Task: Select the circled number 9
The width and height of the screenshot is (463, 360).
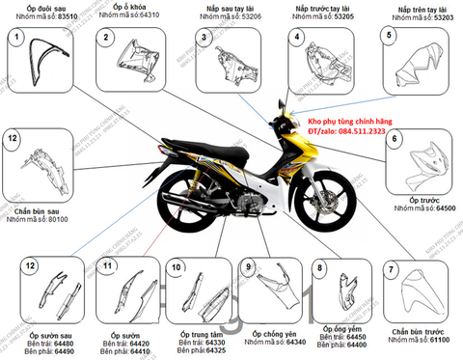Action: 248,266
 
